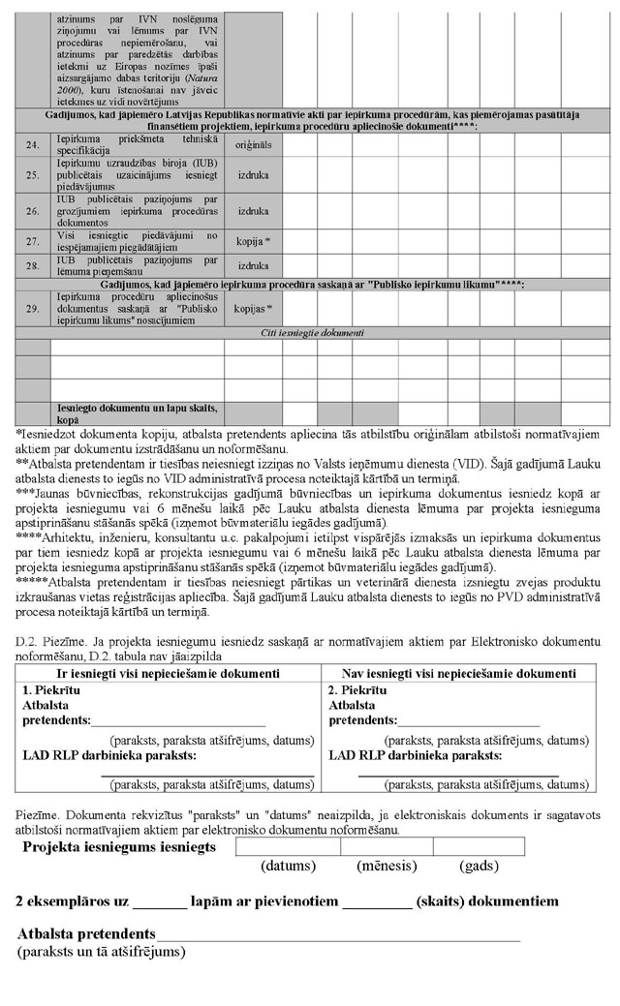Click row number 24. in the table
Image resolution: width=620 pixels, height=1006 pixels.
[x=33, y=145]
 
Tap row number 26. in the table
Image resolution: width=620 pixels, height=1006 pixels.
[x=33, y=210]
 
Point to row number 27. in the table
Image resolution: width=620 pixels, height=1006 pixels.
[x=33, y=239]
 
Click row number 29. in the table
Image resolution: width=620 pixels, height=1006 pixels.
[x=33, y=308]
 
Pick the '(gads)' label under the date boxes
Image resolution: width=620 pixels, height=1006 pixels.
[x=479, y=865]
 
